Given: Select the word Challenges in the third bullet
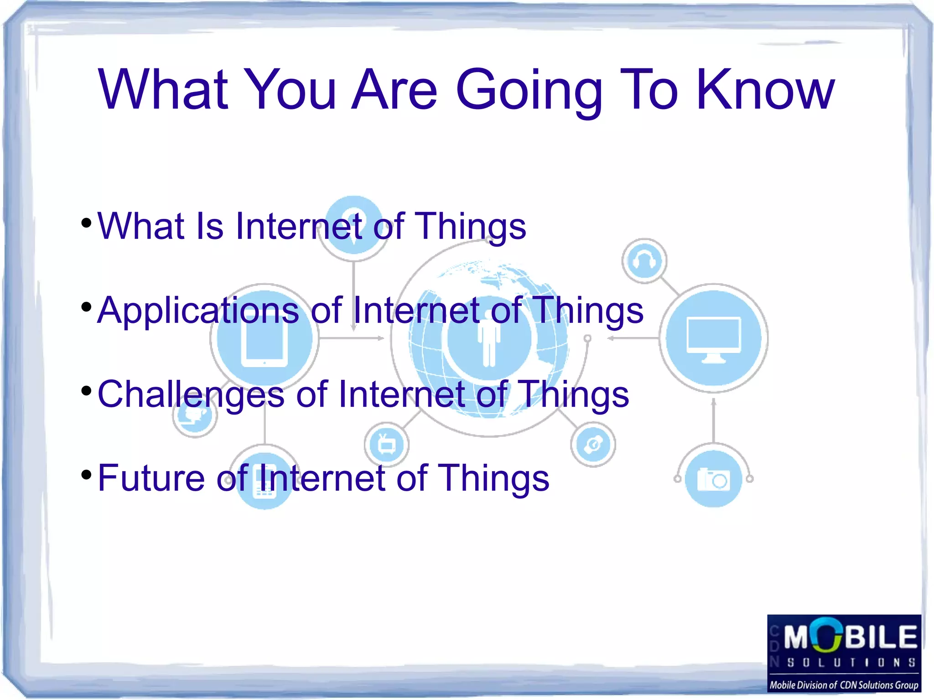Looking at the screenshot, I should [x=190, y=395].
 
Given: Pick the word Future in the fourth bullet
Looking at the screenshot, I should [x=151, y=478].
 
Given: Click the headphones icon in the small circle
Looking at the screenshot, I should [x=644, y=261].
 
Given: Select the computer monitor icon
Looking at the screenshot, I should [x=714, y=338].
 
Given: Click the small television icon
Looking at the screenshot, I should [x=386, y=444].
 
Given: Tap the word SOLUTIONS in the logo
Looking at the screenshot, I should [x=851, y=662].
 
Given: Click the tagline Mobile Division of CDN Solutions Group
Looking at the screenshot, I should [x=844, y=685].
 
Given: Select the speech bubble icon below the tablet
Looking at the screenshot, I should [x=195, y=415].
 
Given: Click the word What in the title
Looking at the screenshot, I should [x=163, y=90].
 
